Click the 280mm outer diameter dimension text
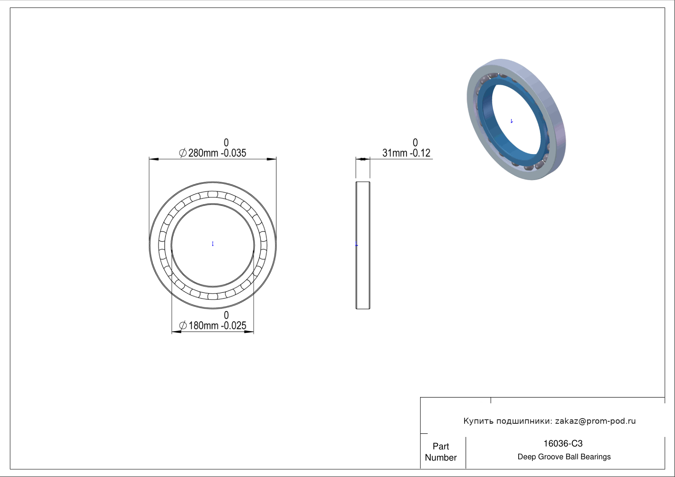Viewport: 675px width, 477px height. [x=203, y=153]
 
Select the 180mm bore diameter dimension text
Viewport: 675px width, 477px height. [x=203, y=326]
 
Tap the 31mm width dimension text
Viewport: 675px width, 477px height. [x=395, y=153]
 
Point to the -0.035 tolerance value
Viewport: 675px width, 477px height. [x=234, y=153]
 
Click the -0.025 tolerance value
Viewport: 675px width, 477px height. [x=234, y=326]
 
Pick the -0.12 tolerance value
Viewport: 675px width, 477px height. [x=420, y=153]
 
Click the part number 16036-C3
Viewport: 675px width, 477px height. [x=563, y=444]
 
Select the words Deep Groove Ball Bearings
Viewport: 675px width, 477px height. [x=564, y=457]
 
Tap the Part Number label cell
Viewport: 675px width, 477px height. [x=441, y=452]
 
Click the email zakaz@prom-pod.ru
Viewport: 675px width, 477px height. [x=596, y=421]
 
